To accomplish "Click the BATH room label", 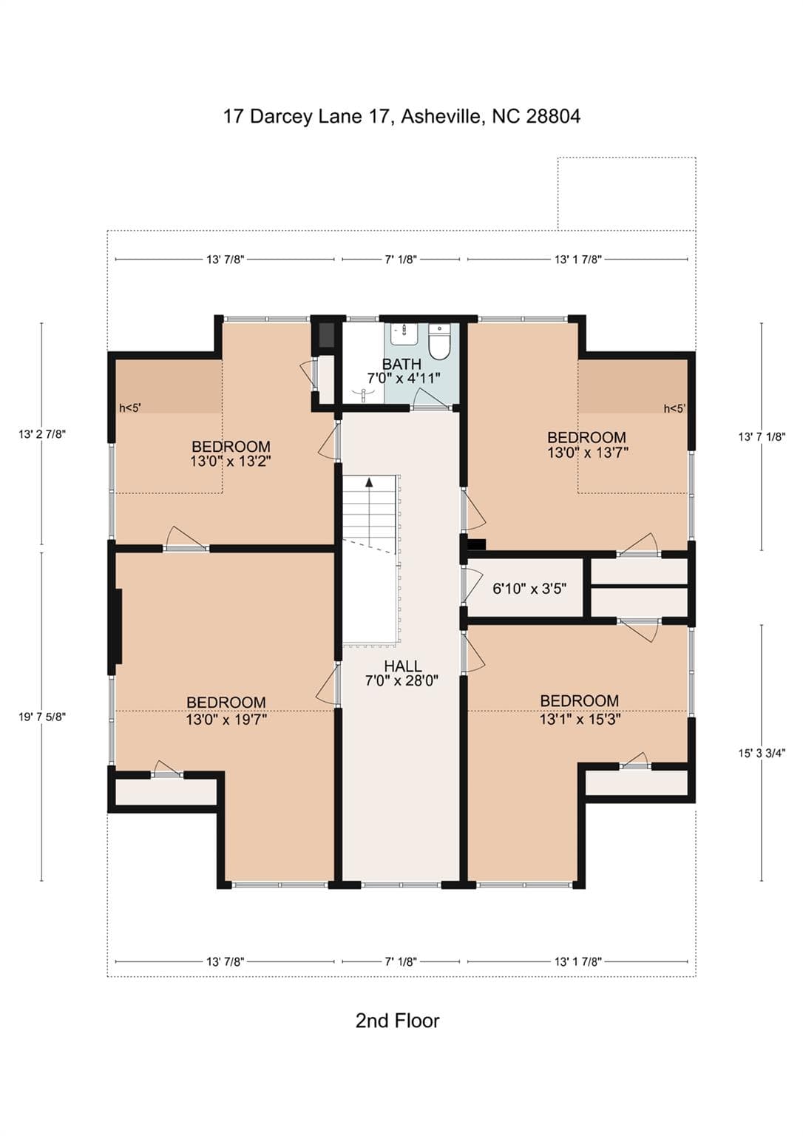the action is [x=402, y=364].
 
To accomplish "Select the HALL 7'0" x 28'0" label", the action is [x=402, y=673].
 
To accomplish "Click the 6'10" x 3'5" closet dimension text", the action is [x=529, y=589].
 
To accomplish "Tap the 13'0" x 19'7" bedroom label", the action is [x=226, y=711].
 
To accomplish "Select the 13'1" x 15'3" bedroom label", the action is [x=580, y=709].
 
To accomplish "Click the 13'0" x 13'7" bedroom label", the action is [x=587, y=444].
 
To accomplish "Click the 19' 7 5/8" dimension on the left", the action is [x=42, y=717].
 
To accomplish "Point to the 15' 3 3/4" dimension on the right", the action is [x=762, y=753].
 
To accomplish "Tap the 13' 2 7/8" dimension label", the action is [x=42, y=434].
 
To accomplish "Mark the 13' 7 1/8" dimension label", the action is [x=762, y=436].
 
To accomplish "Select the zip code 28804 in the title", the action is [x=553, y=117].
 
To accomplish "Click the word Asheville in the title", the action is [x=441, y=117].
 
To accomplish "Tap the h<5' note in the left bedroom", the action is [x=130, y=408].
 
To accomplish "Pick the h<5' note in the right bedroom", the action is [x=674, y=409].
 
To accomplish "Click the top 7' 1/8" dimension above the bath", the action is [x=401, y=260].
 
